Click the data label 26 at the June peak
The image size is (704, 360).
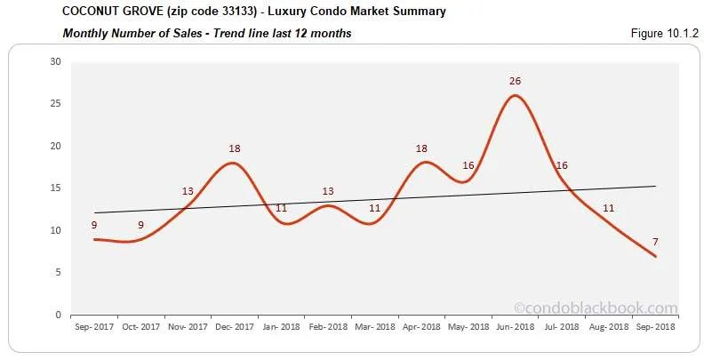point(515,81)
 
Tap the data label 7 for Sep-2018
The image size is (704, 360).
point(656,242)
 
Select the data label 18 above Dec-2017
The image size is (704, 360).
point(234,148)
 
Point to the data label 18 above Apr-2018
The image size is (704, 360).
point(422,148)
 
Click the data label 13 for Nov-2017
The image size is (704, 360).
point(188,191)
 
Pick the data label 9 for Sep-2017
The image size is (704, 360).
point(93,225)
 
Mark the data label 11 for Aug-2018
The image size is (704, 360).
point(609,208)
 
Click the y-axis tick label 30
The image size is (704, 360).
point(56,62)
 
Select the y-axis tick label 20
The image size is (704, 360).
point(56,147)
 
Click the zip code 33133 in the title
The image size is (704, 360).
point(230,12)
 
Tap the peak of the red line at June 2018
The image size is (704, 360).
point(516,95)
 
